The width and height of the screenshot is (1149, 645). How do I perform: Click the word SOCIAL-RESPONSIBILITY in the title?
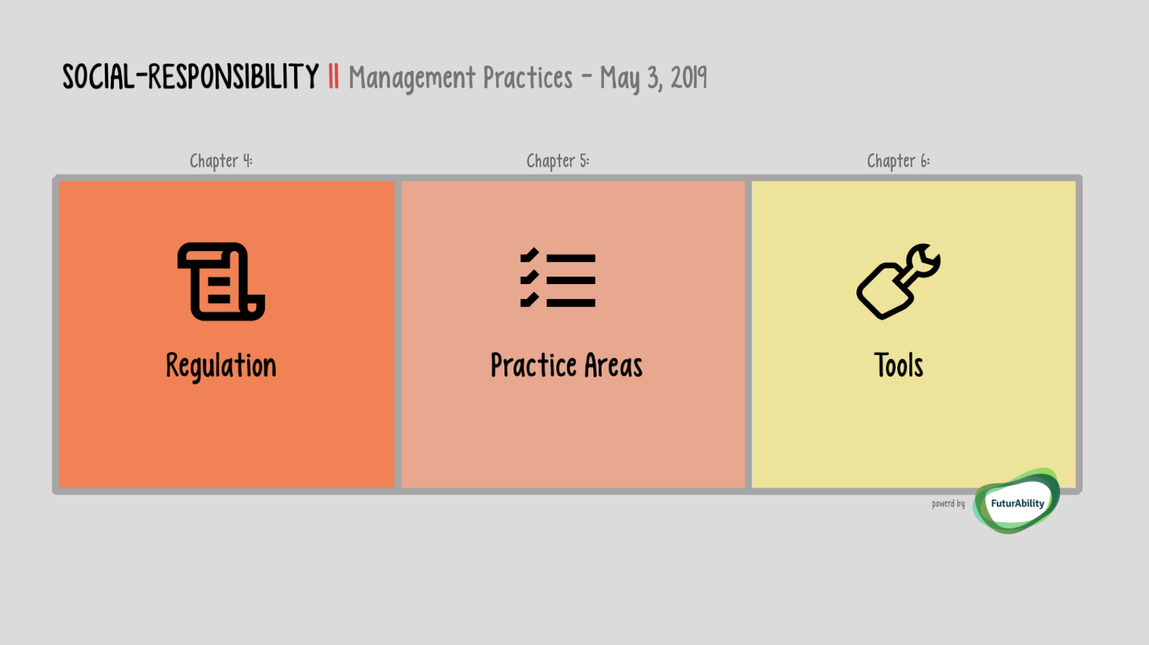(x=190, y=77)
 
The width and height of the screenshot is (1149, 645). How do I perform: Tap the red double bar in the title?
(x=333, y=77)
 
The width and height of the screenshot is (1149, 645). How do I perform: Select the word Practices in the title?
(x=527, y=78)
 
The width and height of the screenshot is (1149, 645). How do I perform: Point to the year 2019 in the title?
(x=688, y=78)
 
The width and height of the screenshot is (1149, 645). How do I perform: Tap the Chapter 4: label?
(x=221, y=161)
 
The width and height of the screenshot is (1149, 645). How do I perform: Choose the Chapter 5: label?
(x=558, y=161)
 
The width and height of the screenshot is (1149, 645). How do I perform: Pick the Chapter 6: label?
(x=898, y=161)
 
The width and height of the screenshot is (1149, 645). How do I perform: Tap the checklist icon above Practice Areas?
(x=558, y=277)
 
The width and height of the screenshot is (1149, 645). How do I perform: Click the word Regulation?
(x=221, y=366)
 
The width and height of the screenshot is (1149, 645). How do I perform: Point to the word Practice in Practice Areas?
(x=533, y=365)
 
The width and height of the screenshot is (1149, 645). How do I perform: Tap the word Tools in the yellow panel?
(x=898, y=365)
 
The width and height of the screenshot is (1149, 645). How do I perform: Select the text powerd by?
(x=948, y=503)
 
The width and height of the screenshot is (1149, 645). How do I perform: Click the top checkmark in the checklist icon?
(x=529, y=255)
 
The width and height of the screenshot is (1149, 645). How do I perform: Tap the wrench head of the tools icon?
(x=924, y=260)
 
